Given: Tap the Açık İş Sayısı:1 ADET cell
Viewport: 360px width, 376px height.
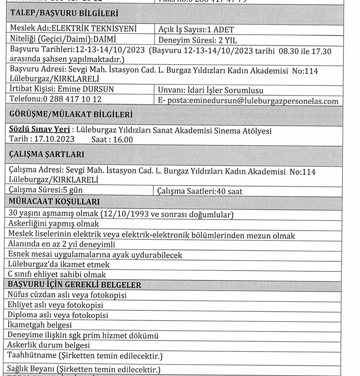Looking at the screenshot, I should pyautogui.click(x=196, y=30).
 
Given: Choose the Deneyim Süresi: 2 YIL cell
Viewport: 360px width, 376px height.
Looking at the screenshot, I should pyautogui.click(x=198, y=41).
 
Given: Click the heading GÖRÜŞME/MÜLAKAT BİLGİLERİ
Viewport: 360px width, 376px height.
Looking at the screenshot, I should pyautogui.click(x=71, y=114).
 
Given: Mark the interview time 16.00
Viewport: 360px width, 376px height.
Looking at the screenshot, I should pyautogui.click(x=123, y=139).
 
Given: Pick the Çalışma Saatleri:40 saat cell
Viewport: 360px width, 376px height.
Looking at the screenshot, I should pyautogui.click(x=200, y=191).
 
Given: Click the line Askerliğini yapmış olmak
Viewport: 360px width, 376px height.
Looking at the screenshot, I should pyautogui.click(x=54, y=224).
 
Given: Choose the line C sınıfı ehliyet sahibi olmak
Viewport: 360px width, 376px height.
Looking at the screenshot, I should pyautogui.click(x=57, y=274).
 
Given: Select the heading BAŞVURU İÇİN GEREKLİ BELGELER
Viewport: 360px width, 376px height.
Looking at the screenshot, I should pyautogui.click(x=75, y=285).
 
